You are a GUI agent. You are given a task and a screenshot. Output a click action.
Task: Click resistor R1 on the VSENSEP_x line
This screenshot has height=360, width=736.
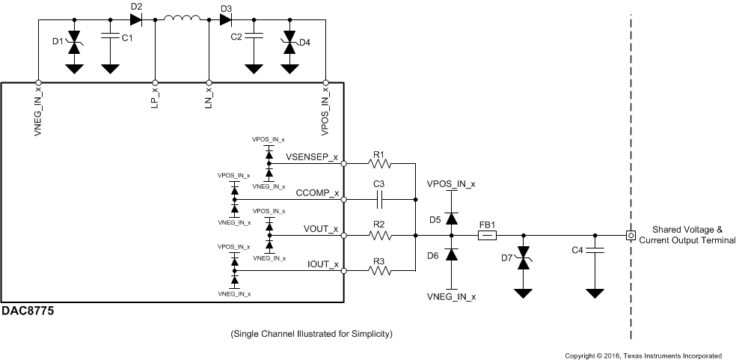378,163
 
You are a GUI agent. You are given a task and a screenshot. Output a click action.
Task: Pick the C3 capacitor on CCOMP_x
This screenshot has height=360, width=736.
379,200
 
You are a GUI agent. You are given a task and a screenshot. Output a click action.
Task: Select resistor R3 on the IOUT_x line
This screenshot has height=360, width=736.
378,272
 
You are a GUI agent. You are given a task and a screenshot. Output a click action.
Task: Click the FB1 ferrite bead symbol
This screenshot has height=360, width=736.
487,236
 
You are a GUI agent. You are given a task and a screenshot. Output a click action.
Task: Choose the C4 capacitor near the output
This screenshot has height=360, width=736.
595,250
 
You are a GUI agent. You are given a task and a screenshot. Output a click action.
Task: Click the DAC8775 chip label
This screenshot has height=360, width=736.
28,310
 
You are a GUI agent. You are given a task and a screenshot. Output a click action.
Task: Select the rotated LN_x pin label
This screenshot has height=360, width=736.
208,100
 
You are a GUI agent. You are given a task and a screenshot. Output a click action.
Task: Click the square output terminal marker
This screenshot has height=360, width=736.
631,236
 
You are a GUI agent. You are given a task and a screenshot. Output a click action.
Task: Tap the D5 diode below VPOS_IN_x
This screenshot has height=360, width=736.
451,218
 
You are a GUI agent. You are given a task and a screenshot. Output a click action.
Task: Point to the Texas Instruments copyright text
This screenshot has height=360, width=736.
643,356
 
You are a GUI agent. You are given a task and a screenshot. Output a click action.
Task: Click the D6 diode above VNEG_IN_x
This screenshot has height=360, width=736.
451,254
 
